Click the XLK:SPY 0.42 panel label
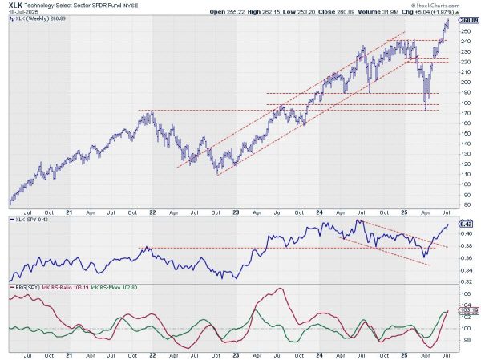(30, 218)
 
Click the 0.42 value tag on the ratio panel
(465, 224)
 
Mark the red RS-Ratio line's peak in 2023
(280, 289)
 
